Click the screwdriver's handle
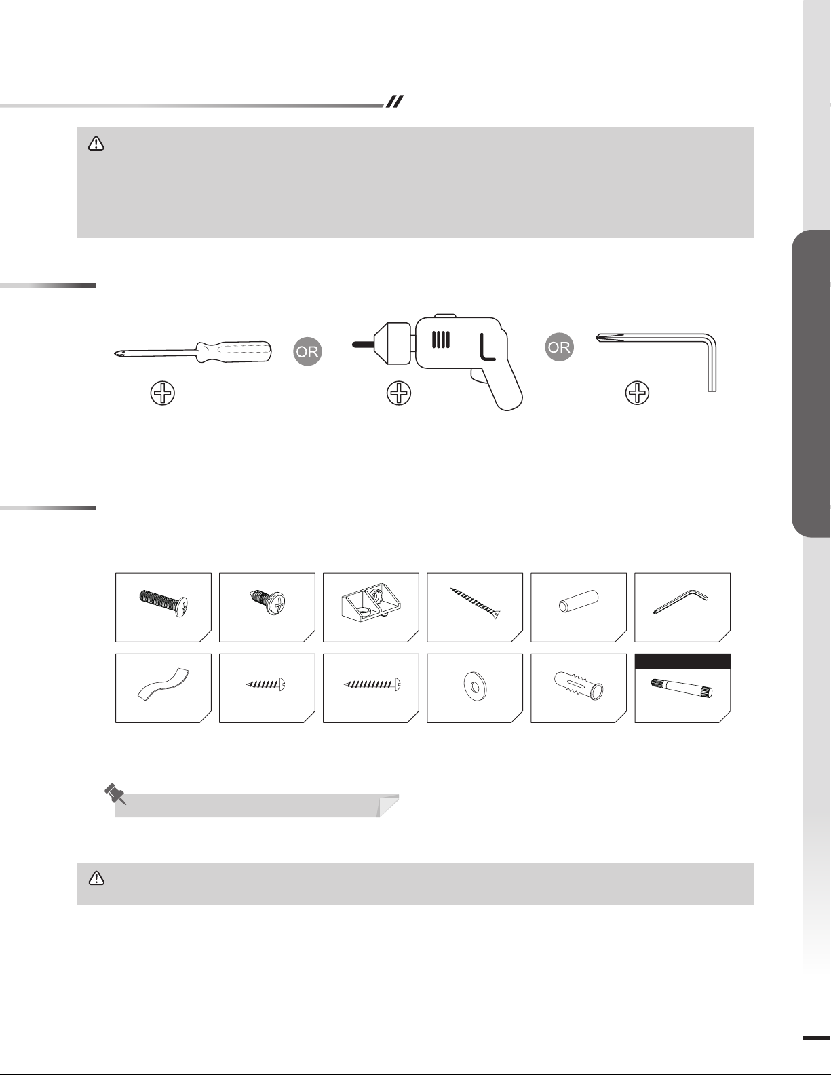coord(233,352)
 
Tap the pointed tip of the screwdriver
coord(115,354)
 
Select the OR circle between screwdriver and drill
coord(308,352)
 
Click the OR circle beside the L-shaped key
coord(559,347)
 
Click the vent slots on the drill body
coord(441,339)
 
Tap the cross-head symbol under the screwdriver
coord(163,394)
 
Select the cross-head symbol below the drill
coord(399,394)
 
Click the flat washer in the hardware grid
coord(475,686)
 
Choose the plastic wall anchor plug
coord(579,684)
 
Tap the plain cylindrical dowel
coord(579,601)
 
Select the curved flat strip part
coord(163,684)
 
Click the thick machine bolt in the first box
coord(163,603)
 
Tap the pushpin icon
coord(115,794)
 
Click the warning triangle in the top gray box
coord(96,144)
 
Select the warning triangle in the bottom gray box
coord(96,878)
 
